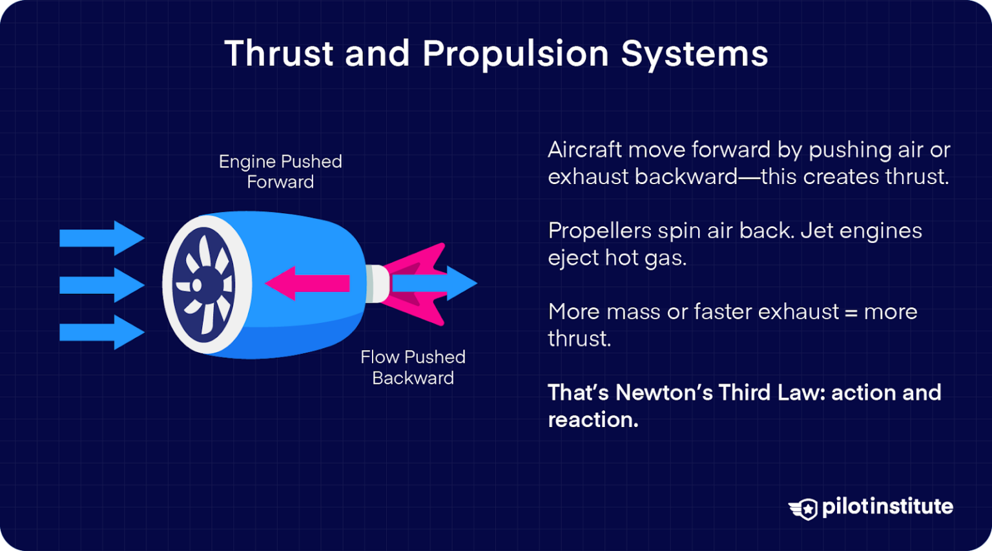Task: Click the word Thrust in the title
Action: pyautogui.click(x=278, y=53)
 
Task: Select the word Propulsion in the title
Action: pyautogui.click(x=515, y=53)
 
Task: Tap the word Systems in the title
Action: pyautogui.click(x=694, y=53)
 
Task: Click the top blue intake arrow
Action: pyautogui.click(x=102, y=238)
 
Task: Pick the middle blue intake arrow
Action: pyautogui.click(x=102, y=285)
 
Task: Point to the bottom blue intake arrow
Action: pyautogui.click(x=102, y=332)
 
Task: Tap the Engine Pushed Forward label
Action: pyautogui.click(x=280, y=171)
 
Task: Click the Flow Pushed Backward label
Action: pyautogui.click(x=413, y=367)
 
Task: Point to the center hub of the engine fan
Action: pyautogui.click(x=198, y=285)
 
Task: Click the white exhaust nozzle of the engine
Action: pyautogui.click(x=377, y=284)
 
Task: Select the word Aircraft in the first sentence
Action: pyautogui.click(x=584, y=150)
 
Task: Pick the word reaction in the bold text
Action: pyautogui.click(x=592, y=420)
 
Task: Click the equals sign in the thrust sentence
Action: pyautogui.click(x=851, y=313)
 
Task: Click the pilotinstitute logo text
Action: pyautogui.click(x=887, y=506)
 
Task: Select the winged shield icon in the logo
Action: pyautogui.click(x=803, y=508)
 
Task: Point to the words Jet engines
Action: pyautogui.click(x=861, y=231)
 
